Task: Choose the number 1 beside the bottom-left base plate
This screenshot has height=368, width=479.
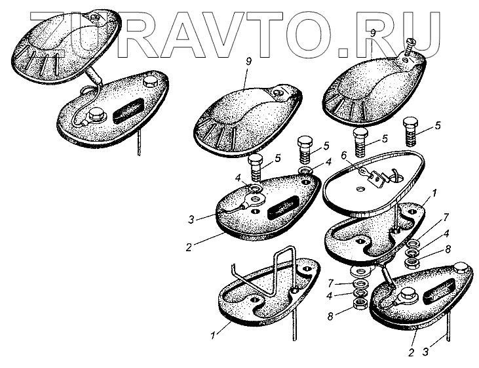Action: pyautogui.click(x=213, y=337)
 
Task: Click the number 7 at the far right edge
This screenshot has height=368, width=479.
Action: pyautogui.click(x=446, y=216)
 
